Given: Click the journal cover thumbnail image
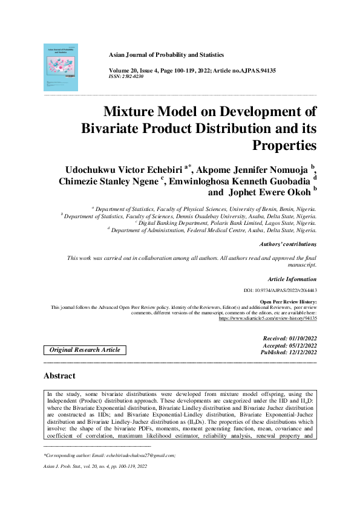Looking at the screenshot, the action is pos(61,67).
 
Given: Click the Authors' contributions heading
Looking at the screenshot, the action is pos(287,244).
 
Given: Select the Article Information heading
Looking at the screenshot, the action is pos(292,279).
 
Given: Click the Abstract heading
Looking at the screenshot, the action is pos(59,376).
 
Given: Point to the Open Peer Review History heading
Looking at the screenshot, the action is pos(288,301).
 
